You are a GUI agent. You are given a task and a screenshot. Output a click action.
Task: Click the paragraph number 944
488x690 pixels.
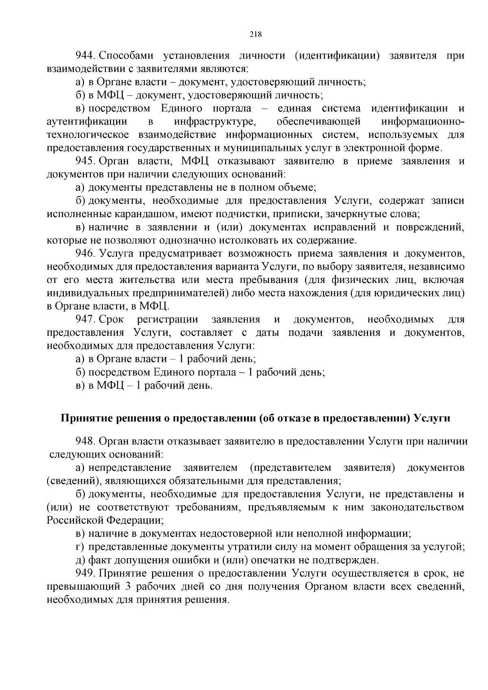[85, 56]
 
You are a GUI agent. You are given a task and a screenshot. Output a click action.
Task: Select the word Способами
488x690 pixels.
[125, 56]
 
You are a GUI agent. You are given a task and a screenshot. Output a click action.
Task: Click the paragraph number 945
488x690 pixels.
[85, 161]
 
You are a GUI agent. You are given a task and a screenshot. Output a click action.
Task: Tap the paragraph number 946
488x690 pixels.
[85, 254]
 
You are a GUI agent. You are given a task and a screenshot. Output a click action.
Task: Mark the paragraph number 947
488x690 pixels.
[85, 320]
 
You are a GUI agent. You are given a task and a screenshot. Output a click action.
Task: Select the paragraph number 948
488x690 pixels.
[85, 442]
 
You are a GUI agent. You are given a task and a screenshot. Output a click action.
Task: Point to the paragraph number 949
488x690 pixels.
[85, 574]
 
